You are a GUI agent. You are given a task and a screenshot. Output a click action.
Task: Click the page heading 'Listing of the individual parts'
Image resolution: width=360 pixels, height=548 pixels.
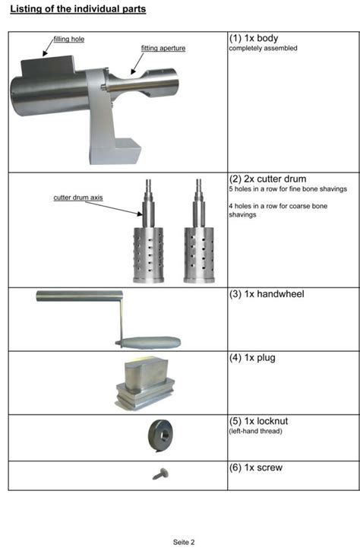click(77, 9)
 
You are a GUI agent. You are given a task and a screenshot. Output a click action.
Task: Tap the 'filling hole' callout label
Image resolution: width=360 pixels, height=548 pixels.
click(68, 39)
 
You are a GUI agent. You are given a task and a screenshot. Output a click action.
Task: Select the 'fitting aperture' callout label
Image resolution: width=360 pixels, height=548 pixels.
click(163, 49)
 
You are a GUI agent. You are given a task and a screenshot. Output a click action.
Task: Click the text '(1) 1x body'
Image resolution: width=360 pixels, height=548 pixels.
click(254, 38)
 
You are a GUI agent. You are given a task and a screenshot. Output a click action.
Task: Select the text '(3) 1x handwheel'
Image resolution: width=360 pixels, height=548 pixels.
click(266, 294)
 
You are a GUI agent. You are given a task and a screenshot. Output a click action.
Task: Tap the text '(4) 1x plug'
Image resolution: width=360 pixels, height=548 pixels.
click(256, 357)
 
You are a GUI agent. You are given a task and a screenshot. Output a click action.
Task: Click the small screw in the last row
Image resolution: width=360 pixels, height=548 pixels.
click(160, 474)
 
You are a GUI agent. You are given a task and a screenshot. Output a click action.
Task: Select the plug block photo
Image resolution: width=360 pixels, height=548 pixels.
click(145, 383)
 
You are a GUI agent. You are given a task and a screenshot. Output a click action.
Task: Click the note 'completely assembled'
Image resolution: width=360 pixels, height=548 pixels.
click(263, 49)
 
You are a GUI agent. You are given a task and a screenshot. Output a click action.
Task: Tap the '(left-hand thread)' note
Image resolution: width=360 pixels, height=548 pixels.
click(256, 431)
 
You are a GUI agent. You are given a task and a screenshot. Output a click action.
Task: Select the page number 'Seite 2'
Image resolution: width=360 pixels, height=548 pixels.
click(184, 542)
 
